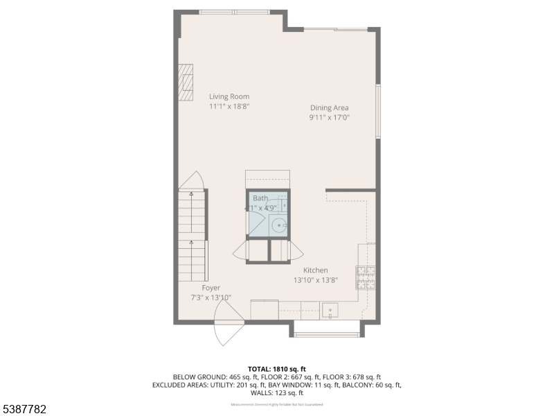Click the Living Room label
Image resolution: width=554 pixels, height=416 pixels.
click(x=229, y=96)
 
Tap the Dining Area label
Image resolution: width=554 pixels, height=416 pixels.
click(x=329, y=107)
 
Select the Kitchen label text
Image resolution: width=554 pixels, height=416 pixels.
click(x=315, y=270)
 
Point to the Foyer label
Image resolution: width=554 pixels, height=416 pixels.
click(x=211, y=288)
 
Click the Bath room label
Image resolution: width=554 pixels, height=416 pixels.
click(x=260, y=198)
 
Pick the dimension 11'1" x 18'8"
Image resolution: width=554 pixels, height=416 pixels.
click(x=229, y=107)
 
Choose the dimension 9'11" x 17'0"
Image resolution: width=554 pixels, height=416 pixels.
click(x=329, y=118)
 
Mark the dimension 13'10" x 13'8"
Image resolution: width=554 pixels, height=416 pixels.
click(x=315, y=280)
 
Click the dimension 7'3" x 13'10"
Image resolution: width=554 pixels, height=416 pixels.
click(x=211, y=297)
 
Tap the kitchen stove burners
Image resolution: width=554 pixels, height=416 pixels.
click(x=366, y=277)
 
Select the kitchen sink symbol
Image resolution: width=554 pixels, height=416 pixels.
click(x=330, y=309)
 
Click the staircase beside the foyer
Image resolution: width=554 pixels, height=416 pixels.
click(x=192, y=236)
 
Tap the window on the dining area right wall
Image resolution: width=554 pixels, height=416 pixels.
click(x=378, y=111)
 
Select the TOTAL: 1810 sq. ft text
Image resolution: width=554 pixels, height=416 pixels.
click(x=276, y=368)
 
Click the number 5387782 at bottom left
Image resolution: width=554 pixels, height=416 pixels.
click(x=24, y=410)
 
